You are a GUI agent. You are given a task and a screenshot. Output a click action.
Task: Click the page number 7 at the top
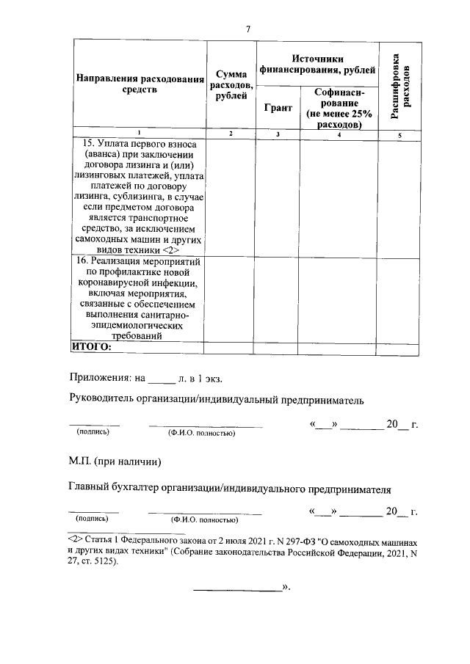(x=248, y=29)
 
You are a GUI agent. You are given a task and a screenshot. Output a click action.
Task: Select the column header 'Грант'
(x=278, y=107)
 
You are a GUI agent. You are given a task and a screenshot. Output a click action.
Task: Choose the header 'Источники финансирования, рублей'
(x=317, y=65)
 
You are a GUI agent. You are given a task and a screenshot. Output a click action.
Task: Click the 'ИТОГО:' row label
(x=90, y=347)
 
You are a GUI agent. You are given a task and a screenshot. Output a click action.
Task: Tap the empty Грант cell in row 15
(x=278, y=197)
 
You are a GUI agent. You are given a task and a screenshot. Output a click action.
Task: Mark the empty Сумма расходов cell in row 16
(x=231, y=299)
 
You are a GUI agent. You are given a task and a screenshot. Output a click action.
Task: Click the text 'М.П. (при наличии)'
(x=114, y=462)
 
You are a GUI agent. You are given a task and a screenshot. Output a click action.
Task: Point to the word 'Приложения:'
(x=96, y=379)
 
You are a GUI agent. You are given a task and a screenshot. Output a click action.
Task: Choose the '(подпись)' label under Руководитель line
(x=93, y=433)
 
